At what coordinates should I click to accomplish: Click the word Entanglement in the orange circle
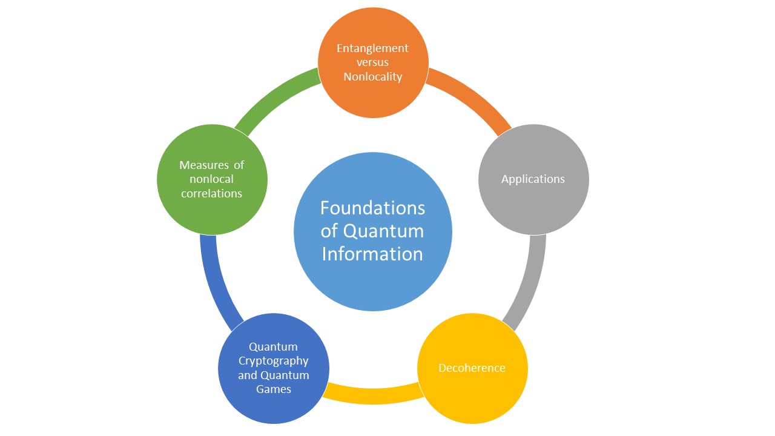(x=372, y=48)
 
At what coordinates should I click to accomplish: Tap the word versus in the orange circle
(x=372, y=62)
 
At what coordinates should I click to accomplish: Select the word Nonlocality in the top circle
(x=372, y=77)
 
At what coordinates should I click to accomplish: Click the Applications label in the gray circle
(x=533, y=179)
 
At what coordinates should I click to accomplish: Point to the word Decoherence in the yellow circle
(x=472, y=368)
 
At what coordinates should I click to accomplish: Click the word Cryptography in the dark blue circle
(x=273, y=362)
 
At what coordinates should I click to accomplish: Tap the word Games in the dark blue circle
(x=273, y=389)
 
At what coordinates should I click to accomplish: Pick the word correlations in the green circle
(x=211, y=193)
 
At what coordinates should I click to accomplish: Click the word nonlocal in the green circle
(x=211, y=179)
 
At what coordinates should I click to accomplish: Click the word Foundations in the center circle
(x=372, y=208)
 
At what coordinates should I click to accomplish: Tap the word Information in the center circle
(x=372, y=254)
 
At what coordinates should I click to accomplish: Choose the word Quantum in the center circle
(x=383, y=231)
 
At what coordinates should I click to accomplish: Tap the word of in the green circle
(x=239, y=165)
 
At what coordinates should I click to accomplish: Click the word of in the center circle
(x=329, y=231)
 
